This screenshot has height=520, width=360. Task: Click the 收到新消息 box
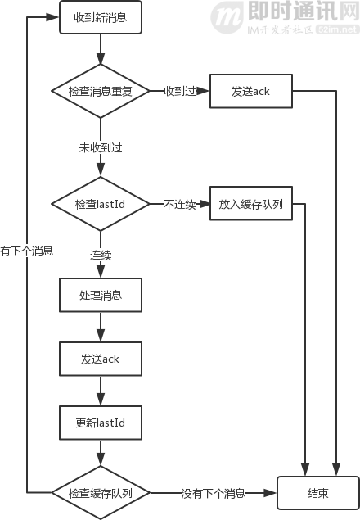[100, 18]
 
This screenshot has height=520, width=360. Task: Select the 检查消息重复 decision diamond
[100, 91]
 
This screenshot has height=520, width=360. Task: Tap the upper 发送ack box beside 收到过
[250, 91]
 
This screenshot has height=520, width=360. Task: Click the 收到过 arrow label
[179, 91]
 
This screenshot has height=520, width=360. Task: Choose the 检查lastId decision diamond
[100, 203]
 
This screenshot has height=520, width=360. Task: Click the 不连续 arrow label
[179, 203]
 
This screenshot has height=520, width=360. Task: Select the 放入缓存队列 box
[250, 203]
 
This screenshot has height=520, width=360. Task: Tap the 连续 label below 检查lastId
[100, 255]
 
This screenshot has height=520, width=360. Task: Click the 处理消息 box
[100, 295]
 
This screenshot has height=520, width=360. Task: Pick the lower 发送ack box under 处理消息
[100, 359]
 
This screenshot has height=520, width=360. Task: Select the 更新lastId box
[100, 423]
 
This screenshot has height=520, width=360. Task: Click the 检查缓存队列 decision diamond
[100, 493]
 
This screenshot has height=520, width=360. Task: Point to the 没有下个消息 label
[213, 493]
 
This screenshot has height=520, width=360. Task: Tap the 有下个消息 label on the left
[26, 252]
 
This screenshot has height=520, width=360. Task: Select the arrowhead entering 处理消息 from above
[100, 274]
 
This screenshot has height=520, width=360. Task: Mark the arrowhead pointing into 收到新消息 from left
[55, 18]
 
